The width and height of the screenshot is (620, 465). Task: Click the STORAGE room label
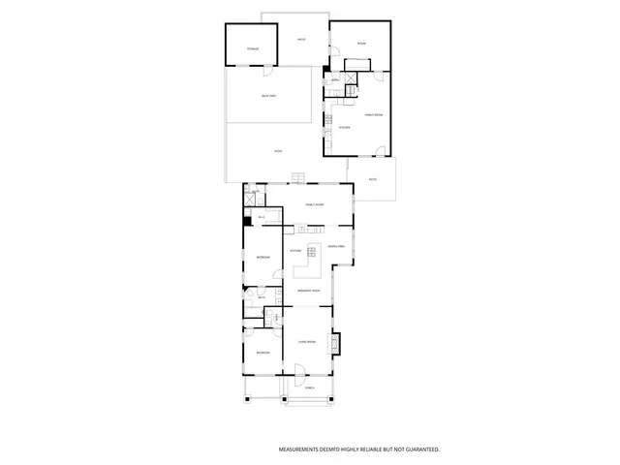[x=252, y=47]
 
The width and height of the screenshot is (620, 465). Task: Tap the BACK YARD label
[x=268, y=96]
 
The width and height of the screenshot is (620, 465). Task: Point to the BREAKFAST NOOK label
[x=309, y=290]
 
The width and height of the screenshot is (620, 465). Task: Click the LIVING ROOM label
[x=308, y=342]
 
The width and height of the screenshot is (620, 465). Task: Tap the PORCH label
[x=309, y=388]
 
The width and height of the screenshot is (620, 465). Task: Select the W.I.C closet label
[x=262, y=217]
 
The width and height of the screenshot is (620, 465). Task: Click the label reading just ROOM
[x=360, y=44]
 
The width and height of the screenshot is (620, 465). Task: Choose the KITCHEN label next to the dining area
[x=295, y=251]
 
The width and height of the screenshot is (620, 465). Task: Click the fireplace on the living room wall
[x=336, y=343]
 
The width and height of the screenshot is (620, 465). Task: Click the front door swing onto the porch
[x=300, y=369]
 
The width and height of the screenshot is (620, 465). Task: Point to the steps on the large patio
[x=298, y=176]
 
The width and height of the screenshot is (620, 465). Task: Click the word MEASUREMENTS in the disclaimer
[x=302, y=449]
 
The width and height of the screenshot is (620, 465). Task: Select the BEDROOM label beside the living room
[x=263, y=354]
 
